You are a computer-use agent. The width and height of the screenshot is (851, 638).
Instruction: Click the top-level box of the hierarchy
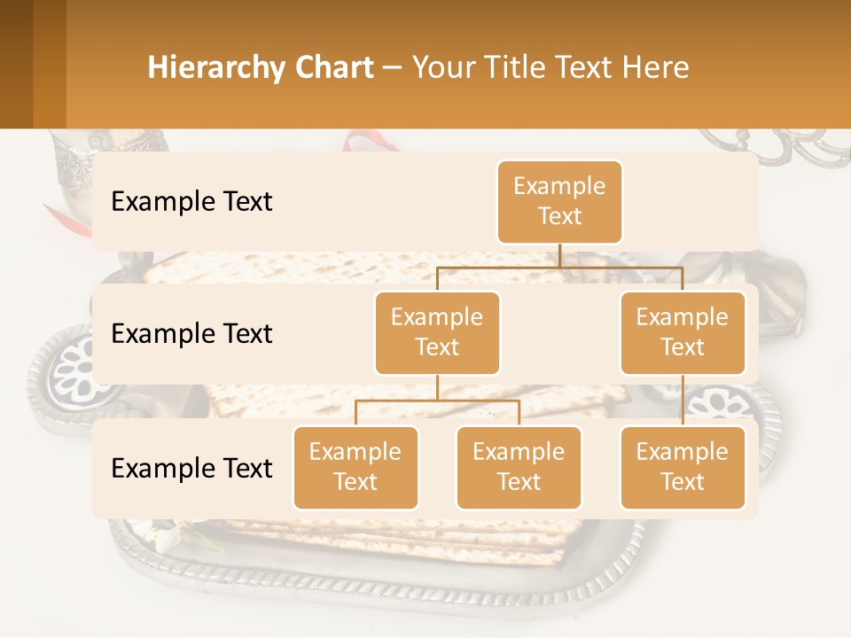tap(559, 202)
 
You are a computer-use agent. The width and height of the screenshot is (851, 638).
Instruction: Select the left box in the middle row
tap(437, 333)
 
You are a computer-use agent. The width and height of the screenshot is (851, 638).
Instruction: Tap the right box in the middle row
tap(683, 333)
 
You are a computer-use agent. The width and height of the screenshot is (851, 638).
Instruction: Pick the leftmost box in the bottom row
tap(355, 468)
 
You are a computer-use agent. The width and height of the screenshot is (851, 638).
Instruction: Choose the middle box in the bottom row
tap(519, 468)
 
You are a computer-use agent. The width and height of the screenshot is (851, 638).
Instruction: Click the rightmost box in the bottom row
tap(683, 468)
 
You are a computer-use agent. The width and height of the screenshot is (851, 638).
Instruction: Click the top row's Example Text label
tap(191, 202)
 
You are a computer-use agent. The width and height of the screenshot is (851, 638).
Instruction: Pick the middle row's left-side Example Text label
tap(191, 334)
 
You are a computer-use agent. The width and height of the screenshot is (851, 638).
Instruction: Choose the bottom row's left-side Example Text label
tap(191, 469)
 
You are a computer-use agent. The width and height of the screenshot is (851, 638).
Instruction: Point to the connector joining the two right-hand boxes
tap(683, 400)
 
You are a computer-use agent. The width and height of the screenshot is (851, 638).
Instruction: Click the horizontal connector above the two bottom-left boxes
tap(437, 401)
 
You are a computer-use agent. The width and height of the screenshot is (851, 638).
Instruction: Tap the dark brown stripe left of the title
tap(16, 64)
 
